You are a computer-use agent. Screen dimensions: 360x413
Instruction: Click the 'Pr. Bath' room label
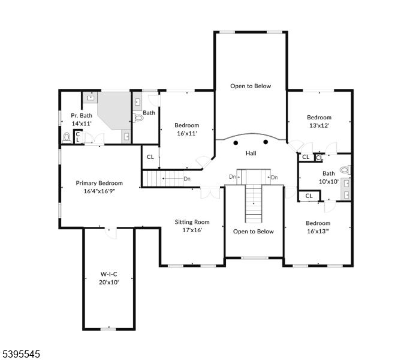click(81, 115)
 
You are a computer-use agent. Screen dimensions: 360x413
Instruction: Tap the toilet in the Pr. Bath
click(67, 137)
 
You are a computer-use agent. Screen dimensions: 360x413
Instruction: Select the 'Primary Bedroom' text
click(99, 183)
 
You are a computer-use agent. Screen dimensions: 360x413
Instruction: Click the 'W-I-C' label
click(109, 274)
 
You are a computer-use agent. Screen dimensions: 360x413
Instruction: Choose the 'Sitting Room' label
click(192, 221)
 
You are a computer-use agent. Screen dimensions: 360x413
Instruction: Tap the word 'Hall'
click(251, 153)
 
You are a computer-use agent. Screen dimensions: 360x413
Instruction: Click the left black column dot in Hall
click(236, 142)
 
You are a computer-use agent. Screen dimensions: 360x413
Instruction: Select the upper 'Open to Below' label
click(251, 86)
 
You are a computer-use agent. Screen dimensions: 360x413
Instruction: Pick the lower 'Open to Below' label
click(253, 231)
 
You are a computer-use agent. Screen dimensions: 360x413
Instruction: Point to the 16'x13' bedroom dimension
click(318, 231)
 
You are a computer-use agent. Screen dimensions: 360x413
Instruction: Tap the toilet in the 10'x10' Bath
click(344, 169)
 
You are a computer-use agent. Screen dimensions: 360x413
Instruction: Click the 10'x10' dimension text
click(328, 181)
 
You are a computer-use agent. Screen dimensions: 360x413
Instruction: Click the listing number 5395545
click(21, 354)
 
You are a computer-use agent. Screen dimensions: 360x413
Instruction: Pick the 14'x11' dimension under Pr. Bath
click(81, 123)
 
